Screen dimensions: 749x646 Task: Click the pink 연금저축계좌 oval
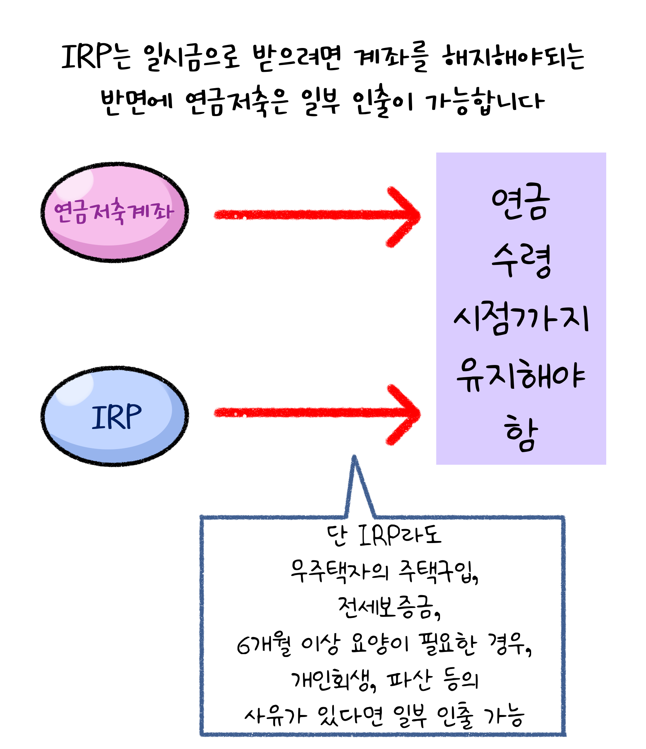115,212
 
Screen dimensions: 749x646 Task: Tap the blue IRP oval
115,416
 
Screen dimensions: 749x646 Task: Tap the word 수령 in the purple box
521,260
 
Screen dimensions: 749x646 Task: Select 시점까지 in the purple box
521,318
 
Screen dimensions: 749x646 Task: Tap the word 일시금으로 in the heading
192,58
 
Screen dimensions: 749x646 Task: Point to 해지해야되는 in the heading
513,58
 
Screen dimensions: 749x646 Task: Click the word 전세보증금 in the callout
388,607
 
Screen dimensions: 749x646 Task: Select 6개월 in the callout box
264,644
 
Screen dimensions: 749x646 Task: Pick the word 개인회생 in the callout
332,680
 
